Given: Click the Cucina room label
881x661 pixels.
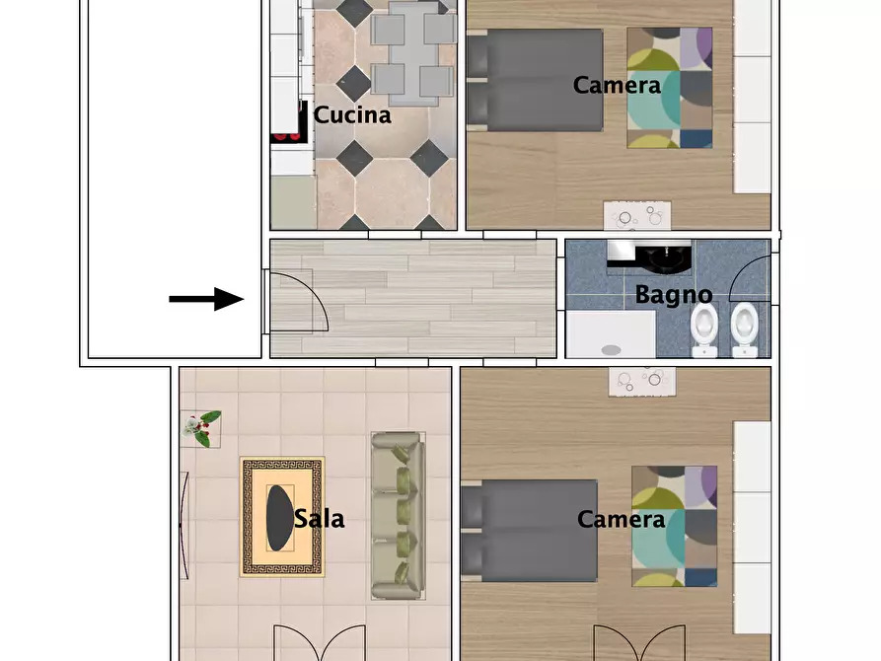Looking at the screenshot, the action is pos(352,115).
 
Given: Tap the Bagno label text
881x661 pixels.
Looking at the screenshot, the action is pos(674,295).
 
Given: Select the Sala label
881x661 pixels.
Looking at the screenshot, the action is pos(319,519).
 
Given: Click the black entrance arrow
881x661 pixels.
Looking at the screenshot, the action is pos(206,299).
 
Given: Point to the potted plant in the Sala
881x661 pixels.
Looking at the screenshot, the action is pos(201,428).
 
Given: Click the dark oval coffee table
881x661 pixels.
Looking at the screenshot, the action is pos(279,518).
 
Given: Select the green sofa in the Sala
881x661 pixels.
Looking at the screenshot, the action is pos(399,515).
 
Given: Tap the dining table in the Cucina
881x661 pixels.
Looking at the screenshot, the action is pos(414,54).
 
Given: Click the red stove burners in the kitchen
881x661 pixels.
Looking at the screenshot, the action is pos(287,135).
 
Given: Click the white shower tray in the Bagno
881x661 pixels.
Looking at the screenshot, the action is pos(611,334).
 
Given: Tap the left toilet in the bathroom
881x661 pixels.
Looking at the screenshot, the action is pos(704,330).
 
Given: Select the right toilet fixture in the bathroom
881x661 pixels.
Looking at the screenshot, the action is pos(745,330).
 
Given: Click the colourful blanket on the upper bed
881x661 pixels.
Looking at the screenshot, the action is pos(670,88).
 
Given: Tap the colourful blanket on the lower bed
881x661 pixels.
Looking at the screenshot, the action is pos(674,526).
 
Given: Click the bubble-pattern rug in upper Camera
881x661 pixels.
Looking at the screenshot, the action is pos(637,216).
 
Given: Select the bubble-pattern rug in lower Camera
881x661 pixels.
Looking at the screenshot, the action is pos(642,381).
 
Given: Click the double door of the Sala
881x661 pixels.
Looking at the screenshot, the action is pos(320,643).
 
